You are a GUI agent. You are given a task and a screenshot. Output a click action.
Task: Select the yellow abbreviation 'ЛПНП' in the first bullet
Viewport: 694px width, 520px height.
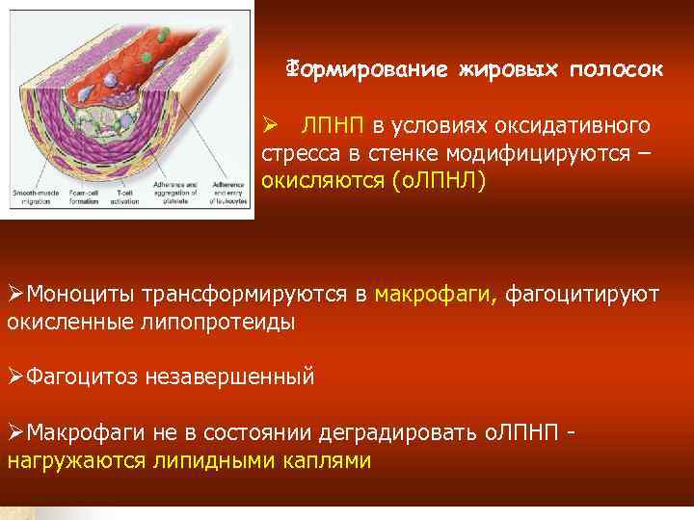coord(334,126)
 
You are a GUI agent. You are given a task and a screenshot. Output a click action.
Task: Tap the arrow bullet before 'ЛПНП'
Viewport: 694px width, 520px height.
coord(271,126)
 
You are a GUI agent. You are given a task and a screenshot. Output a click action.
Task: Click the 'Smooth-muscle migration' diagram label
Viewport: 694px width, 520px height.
coord(33,188)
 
